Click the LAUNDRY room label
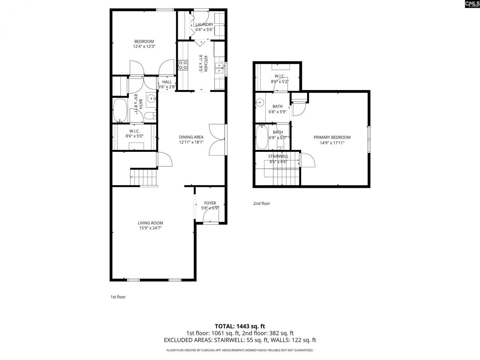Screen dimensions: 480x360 click(204, 24)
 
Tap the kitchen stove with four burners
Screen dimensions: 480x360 click(183, 65)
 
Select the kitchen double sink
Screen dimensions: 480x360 click(219, 68)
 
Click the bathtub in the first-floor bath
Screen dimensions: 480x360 click(120, 110)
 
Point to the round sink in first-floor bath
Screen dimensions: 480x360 click(151, 99)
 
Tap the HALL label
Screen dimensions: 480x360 click(167, 82)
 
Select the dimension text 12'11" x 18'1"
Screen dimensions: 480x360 click(191, 142)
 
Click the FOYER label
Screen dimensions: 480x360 click(210, 203)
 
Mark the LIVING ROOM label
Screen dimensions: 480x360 click(150, 223)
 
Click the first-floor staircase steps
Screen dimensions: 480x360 click(144, 177)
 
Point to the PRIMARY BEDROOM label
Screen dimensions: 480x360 click(332, 137)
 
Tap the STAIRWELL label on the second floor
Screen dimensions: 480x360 click(278, 156)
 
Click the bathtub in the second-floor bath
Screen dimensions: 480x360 click(262, 137)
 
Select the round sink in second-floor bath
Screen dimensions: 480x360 click(260, 102)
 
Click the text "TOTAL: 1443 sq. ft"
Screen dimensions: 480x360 click(240, 326)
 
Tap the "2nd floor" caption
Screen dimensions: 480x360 click(261, 204)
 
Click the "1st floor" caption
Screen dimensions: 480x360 click(118, 297)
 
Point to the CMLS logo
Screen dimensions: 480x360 click(472, 4)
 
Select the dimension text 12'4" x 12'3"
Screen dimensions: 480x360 click(144, 46)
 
